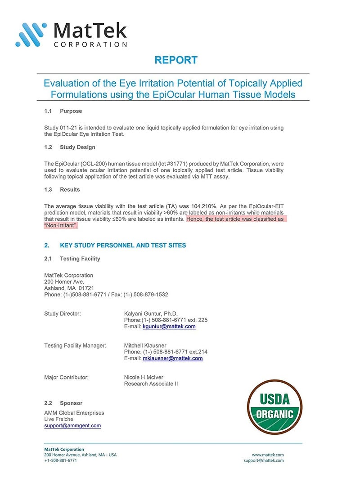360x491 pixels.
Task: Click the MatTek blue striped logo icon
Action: [x=31, y=34]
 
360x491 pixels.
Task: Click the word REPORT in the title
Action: [x=175, y=60]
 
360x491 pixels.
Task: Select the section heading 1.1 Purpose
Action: [x=63, y=111]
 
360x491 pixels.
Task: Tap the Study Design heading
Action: [x=77, y=147]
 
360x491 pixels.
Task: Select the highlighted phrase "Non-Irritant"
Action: [x=61, y=226]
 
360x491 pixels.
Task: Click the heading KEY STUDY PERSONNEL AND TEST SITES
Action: [x=122, y=245]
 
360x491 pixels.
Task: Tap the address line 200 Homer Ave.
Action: [x=64, y=281]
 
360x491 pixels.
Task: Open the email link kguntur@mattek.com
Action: [x=169, y=326]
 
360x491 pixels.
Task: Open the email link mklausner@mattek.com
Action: [x=172, y=358]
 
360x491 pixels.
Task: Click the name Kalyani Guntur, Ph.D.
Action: [x=151, y=313]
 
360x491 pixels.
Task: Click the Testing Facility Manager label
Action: [x=75, y=345]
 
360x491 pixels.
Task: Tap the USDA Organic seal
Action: [x=274, y=406]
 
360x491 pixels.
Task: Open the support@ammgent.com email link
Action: [x=72, y=425]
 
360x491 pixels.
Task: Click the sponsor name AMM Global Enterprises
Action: [x=74, y=413]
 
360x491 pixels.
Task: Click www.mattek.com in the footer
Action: [x=268, y=455]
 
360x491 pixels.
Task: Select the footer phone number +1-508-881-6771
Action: [x=61, y=460]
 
